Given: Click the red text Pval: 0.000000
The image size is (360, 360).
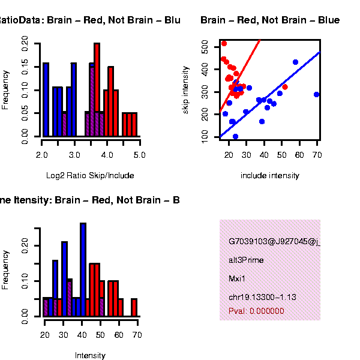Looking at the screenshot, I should (256, 311).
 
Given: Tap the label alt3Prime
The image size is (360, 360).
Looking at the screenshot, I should (246, 260).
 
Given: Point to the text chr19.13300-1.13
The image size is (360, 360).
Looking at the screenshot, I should (262, 297).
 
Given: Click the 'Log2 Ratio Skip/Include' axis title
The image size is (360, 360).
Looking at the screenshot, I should (90, 176).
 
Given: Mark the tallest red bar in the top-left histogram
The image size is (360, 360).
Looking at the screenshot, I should (97, 90).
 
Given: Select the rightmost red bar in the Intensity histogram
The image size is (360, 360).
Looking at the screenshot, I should (134, 307).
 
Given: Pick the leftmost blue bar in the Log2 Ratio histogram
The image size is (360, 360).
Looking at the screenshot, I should (46, 99).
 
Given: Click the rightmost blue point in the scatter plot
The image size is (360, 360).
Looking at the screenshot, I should (316, 94).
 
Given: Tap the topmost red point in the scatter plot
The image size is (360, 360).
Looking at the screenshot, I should (224, 43).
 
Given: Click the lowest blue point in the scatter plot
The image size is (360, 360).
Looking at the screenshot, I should (235, 137).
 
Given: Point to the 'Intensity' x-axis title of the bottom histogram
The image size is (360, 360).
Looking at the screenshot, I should (90, 355).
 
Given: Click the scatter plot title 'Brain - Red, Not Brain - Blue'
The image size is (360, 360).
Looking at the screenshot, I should (270, 20).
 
